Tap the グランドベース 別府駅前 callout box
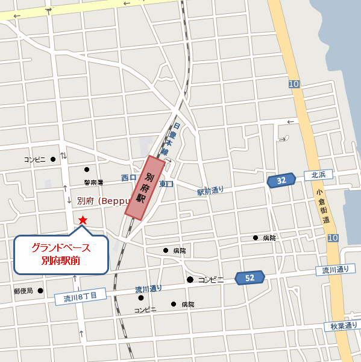[61, 254]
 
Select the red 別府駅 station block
[145, 186]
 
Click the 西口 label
[129, 178]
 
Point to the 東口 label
[167, 183]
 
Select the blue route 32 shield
[281, 180]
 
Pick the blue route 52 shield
[250, 278]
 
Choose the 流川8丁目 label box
[80, 296]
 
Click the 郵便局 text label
[24, 291]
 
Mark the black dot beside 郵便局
[40, 290]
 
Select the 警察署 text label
[94, 182]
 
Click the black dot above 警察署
[87, 170]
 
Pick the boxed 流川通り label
[336, 270]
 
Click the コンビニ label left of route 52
[211, 280]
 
